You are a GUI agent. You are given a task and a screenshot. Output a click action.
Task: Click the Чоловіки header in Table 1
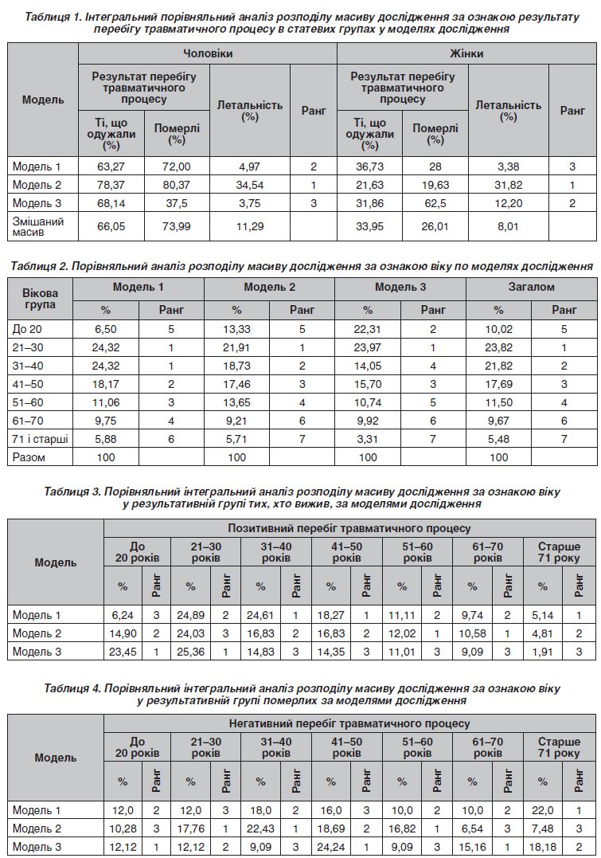208,53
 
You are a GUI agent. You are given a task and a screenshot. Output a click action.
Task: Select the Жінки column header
467,53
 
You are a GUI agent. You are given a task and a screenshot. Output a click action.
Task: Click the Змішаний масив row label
37,226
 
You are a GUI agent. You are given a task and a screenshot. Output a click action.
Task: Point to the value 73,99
177,226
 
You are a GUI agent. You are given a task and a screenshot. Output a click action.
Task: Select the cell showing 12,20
508,203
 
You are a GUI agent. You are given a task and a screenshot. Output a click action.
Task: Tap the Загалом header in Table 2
531,287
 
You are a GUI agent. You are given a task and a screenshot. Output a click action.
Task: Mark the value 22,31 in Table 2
368,329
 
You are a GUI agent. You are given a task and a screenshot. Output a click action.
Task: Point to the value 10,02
499,329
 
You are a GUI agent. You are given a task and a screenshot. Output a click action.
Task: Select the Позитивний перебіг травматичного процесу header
349,528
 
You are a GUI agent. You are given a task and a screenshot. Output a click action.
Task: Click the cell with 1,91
543,652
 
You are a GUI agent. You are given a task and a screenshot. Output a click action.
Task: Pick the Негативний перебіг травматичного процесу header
349,724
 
